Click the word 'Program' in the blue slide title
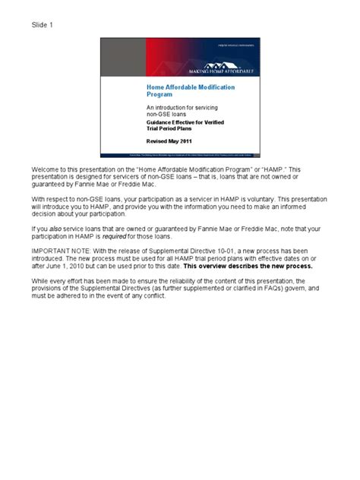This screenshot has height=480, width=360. tap(159, 96)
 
